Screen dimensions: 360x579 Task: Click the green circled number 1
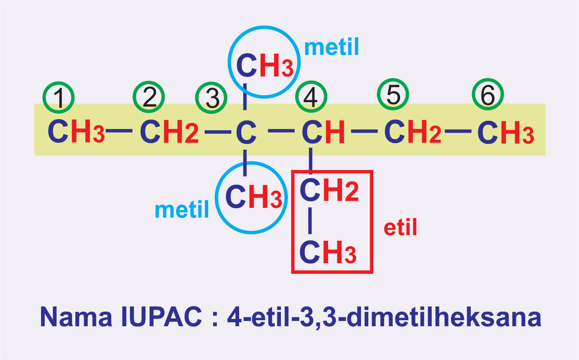click(59, 98)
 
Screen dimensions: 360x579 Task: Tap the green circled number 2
click(149, 97)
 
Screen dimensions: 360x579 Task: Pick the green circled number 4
click(311, 97)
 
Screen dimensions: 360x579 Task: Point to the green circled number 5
click(393, 94)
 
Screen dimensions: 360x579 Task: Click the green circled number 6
click(488, 95)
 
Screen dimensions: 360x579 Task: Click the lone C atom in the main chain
click(246, 132)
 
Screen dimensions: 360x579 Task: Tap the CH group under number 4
click(323, 132)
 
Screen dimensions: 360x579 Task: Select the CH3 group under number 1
click(76, 132)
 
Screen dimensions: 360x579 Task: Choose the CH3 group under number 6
click(505, 133)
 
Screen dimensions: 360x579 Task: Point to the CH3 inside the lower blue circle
click(253, 197)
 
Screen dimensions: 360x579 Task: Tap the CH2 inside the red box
click(329, 190)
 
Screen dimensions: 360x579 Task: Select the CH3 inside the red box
click(328, 252)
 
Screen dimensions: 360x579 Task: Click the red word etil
click(401, 227)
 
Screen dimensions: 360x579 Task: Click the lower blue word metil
click(182, 210)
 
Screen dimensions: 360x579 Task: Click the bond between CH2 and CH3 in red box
click(310, 221)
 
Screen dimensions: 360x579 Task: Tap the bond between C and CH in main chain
click(281, 131)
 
